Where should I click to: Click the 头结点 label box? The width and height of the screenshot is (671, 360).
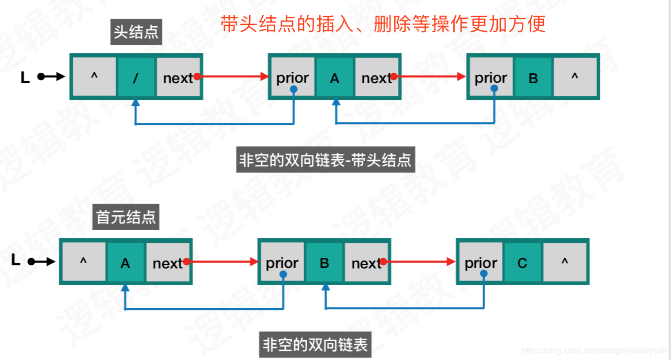click(x=137, y=33)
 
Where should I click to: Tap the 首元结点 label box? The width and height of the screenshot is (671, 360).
click(x=126, y=217)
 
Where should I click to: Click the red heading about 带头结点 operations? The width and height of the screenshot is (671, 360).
click(x=383, y=24)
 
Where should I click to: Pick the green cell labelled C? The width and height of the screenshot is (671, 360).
click(x=522, y=263)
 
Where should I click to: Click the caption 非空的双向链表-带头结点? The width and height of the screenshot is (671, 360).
click(x=326, y=160)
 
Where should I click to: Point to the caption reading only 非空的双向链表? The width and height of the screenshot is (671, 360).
click(x=315, y=344)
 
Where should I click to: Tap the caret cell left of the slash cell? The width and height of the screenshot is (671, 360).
click(x=94, y=77)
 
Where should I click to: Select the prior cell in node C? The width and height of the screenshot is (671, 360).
click(x=480, y=263)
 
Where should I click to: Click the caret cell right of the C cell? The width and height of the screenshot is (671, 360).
click(x=564, y=263)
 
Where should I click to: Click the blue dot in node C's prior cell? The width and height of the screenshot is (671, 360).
click(x=483, y=274)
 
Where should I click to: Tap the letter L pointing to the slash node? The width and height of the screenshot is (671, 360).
click(x=25, y=78)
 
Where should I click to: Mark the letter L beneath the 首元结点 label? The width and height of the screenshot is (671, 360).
click(x=16, y=260)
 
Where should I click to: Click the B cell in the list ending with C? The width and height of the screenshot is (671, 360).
click(x=325, y=263)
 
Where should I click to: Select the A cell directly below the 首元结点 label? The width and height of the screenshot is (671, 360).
click(x=125, y=263)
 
